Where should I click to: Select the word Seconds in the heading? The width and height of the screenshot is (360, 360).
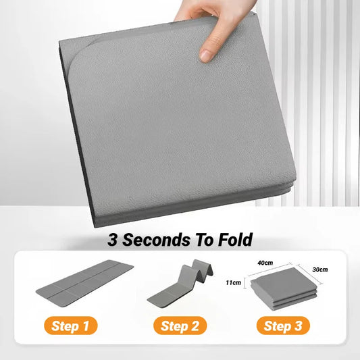[157, 239]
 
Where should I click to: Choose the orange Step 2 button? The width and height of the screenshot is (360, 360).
[180, 326]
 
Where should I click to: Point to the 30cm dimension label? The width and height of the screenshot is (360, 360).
[320, 270]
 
